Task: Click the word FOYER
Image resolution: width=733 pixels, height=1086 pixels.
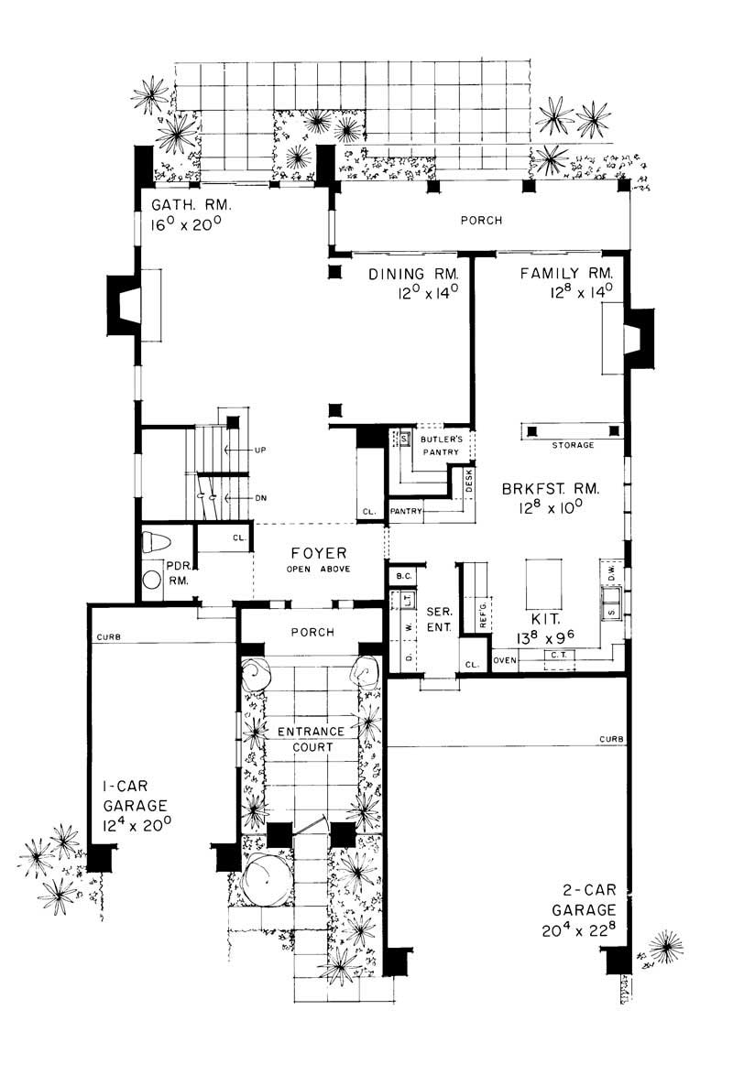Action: click(x=318, y=552)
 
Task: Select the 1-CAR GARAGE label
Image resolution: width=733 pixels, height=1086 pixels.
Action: click(x=135, y=796)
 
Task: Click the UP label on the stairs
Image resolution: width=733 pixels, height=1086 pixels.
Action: click(x=260, y=451)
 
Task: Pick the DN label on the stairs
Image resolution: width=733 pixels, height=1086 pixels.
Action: click(x=260, y=498)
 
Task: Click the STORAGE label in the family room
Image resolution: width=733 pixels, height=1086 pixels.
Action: click(x=573, y=445)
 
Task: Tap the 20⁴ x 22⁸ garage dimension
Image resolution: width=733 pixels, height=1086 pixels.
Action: click(x=575, y=928)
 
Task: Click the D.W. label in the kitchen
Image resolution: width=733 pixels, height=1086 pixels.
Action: click(x=610, y=572)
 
